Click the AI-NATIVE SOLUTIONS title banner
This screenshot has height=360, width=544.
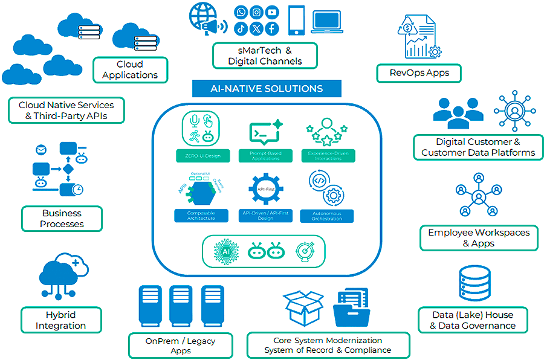(x=267, y=88)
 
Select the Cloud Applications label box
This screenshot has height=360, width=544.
(x=130, y=69)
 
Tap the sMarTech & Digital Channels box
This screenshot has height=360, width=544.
(x=265, y=56)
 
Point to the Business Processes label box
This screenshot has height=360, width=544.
(x=62, y=219)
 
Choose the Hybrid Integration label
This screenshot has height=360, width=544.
(x=61, y=320)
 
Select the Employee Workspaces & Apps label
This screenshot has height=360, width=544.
(x=479, y=238)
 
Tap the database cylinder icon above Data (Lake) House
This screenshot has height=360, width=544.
(x=478, y=283)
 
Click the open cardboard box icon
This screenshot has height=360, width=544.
(x=305, y=308)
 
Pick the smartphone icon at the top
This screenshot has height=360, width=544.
(x=296, y=19)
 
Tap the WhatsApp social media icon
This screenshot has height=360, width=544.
(x=242, y=12)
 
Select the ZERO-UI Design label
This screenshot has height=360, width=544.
(x=200, y=156)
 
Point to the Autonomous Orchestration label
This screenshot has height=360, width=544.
(x=326, y=216)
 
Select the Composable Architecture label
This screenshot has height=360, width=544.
(x=200, y=216)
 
